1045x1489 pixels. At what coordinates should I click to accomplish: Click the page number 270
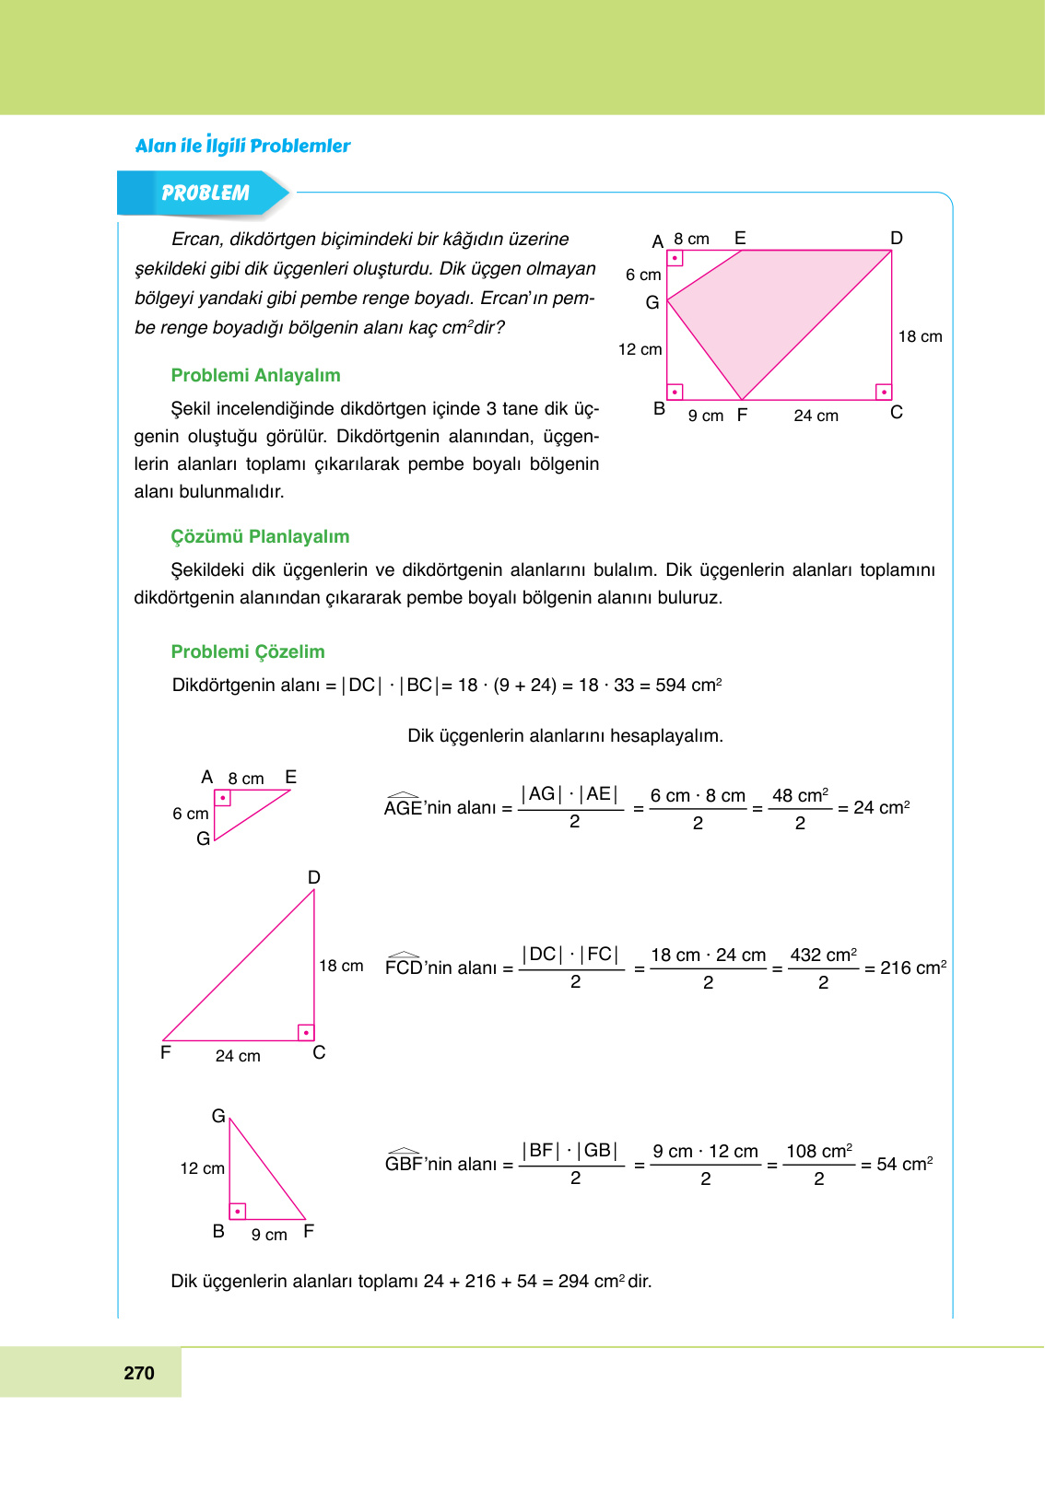139,1373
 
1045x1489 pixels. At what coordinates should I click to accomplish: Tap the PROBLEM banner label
205,193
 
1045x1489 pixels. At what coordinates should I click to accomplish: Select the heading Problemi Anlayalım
255,375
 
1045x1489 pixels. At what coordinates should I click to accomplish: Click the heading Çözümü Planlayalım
260,536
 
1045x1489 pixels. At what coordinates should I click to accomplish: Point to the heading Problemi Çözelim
248,651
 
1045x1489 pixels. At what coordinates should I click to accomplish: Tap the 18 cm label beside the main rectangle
920,336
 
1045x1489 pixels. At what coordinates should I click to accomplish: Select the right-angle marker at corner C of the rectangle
884,392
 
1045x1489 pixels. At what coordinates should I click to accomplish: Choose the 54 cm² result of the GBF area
904,1164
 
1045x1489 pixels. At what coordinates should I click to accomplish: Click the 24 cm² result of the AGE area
881,807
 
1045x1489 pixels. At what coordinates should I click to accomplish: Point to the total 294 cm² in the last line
591,1281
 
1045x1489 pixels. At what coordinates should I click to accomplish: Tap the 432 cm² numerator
823,955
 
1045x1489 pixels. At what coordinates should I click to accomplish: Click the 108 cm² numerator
818,1151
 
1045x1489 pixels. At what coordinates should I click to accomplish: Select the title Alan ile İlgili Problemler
242,146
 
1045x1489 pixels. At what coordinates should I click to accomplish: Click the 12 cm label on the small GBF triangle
202,1168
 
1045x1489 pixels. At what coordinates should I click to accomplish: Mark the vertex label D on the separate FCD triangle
314,877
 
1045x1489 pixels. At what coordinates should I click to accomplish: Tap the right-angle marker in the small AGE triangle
222,798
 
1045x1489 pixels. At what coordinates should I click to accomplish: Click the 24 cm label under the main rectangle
816,416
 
